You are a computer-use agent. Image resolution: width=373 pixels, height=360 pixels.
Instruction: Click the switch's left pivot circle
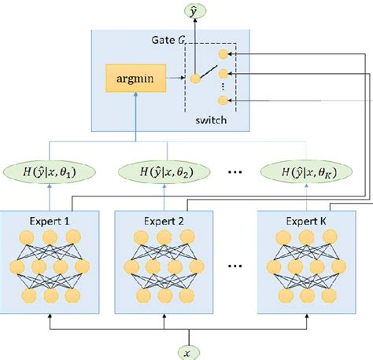193,79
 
